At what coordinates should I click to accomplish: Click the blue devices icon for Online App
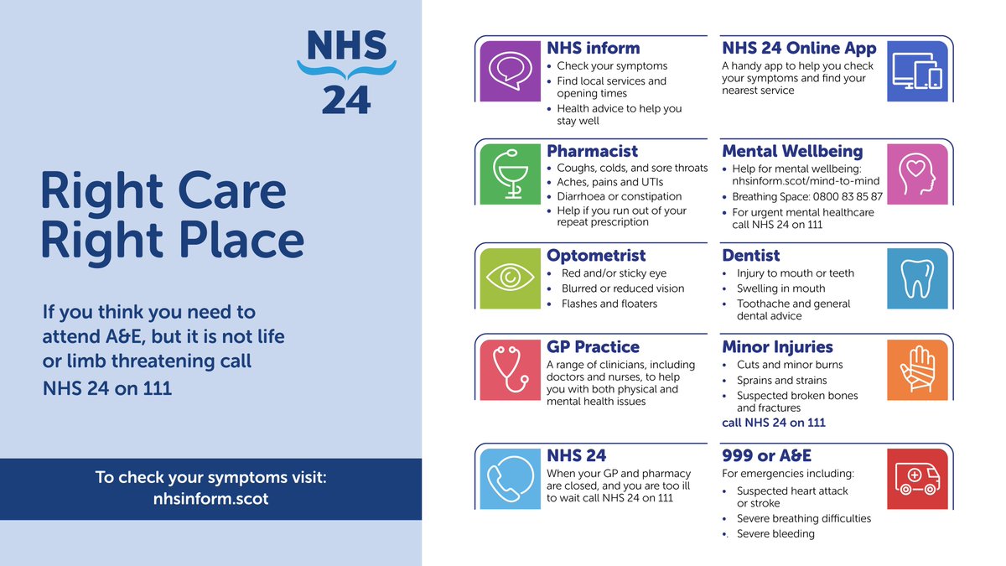pos(917,71)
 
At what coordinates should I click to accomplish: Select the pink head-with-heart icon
pos(917,174)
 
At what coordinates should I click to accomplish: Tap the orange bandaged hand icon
pos(917,370)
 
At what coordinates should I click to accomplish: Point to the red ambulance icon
pos(917,478)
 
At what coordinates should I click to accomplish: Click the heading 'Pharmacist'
pos(592,152)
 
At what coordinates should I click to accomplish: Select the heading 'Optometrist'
pos(596,255)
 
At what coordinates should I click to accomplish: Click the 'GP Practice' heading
pos(593,347)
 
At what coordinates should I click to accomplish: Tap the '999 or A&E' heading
pos(766,455)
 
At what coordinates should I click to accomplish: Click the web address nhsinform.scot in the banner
pos(210,498)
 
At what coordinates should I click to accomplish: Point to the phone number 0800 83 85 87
pos(841,197)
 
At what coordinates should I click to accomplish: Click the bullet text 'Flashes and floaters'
pos(609,304)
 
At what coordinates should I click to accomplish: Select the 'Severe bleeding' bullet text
pos(775,533)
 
